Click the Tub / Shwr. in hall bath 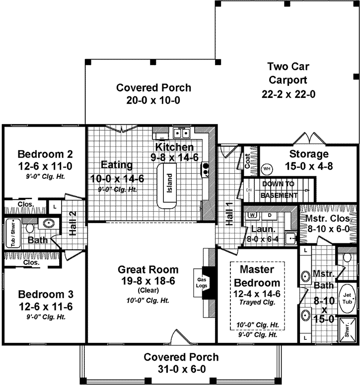[x=14, y=232]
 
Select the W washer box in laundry [x=253, y=215]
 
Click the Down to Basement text [x=279, y=189]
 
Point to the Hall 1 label [x=229, y=215]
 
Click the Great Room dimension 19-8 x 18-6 [x=147, y=281]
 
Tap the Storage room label [x=309, y=154]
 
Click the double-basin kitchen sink [x=182, y=133]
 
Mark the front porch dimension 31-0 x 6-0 [x=181, y=369]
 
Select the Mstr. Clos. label [x=328, y=219]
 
